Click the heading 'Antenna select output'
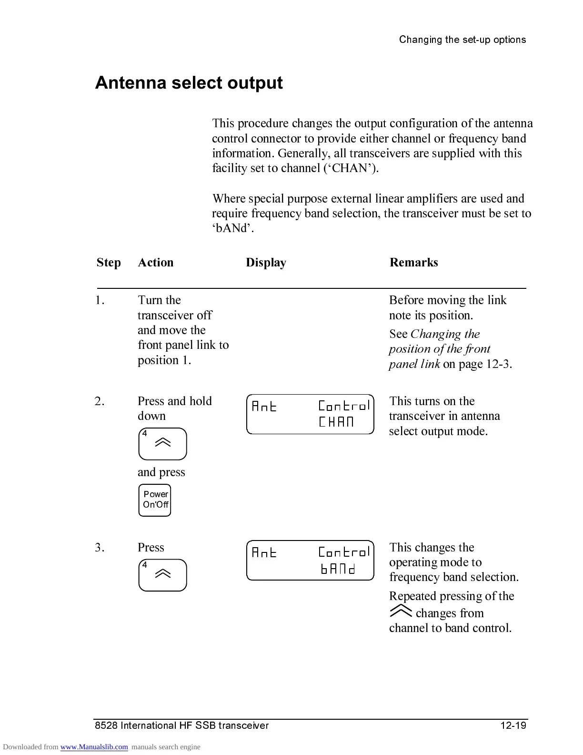(189, 83)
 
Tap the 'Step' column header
(109, 263)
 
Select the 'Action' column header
(155, 263)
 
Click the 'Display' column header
(266, 263)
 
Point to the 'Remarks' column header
(413, 263)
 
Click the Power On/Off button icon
(155, 500)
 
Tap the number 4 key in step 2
(162, 444)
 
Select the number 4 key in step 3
(162, 575)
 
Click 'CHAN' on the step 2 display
(336, 422)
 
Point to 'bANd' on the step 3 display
(338, 569)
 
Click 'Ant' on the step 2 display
(264, 407)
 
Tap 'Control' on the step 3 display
(344, 552)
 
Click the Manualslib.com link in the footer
(94, 747)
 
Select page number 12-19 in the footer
(513, 726)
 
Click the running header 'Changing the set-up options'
(462, 40)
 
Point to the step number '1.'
(100, 300)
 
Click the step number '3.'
(100, 548)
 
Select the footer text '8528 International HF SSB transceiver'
(181, 726)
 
